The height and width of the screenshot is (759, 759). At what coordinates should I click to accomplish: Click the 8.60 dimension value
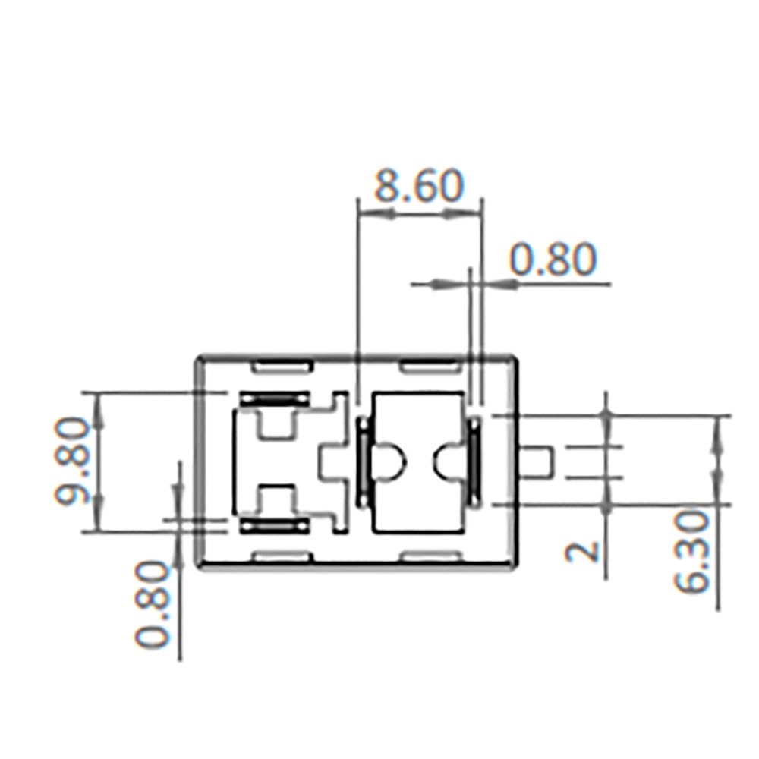pyautogui.click(x=419, y=186)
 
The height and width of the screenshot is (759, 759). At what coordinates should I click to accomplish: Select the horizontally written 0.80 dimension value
pyautogui.click(x=553, y=259)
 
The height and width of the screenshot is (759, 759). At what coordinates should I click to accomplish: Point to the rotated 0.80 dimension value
pyautogui.click(x=153, y=604)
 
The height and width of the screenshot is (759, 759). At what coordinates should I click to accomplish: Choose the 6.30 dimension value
pyautogui.click(x=691, y=553)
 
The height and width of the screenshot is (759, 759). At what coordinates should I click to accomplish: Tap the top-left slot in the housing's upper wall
pyautogui.click(x=282, y=367)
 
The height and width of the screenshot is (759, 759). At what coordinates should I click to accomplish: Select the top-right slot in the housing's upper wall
pyautogui.click(x=430, y=367)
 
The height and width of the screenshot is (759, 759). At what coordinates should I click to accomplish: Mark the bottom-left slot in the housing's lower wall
pyautogui.click(x=282, y=557)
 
